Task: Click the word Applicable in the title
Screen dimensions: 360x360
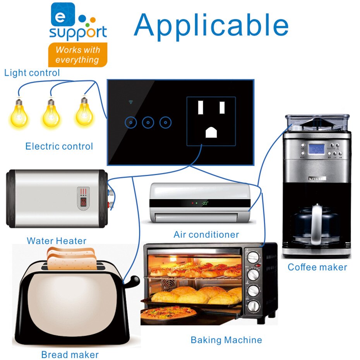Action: pos(211,26)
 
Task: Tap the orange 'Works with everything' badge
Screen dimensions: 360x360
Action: pos(77,55)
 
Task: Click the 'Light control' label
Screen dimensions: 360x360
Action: pos(32,73)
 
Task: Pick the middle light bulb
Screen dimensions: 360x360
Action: pos(51,113)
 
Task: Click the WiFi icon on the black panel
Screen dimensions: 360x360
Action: pos(131,103)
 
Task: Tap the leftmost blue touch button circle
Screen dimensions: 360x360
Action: pos(132,123)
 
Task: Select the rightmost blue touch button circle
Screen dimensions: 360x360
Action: pos(165,123)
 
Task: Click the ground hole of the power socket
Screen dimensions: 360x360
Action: pos(211,132)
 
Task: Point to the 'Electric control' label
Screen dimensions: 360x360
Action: pos(59,146)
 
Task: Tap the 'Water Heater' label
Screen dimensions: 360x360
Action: pos(57,241)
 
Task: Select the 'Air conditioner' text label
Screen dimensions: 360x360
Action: pos(206,235)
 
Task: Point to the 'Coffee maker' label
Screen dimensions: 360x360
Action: pos(317,267)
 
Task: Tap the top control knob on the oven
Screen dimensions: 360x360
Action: pos(254,257)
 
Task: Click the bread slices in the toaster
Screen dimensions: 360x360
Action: pos(72,259)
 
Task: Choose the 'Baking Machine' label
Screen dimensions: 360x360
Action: pos(226,340)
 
